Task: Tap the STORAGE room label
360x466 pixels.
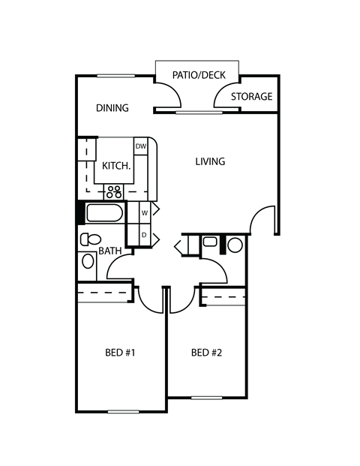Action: (251, 97)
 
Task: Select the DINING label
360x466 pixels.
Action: (112, 108)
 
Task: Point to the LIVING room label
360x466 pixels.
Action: (211, 161)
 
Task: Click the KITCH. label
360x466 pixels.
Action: (116, 166)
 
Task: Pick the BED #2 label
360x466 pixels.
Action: (207, 352)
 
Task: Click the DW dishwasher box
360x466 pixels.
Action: (140, 146)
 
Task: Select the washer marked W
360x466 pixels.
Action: (144, 213)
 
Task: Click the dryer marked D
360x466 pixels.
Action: (144, 235)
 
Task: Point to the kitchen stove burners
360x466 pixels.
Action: (115, 191)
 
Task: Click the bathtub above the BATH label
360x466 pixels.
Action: (103, 214)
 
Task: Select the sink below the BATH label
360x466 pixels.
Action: (88, 262)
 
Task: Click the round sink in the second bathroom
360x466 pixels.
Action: (235, 245)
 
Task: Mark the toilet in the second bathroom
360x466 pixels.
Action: (211, 242)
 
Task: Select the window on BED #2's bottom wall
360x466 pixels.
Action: (207, 397)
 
